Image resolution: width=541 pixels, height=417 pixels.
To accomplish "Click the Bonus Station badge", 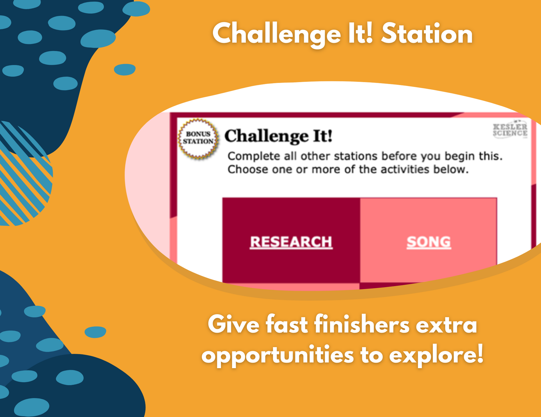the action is (x=198, y=138).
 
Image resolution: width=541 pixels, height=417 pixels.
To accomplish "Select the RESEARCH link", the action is (x=291, y=242).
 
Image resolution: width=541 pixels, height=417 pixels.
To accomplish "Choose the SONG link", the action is (x=429, y=242).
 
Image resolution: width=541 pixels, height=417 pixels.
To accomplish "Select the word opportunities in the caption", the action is (x=277, y=356).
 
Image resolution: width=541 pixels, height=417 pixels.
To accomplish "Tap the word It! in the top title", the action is (x=361, y=34).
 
